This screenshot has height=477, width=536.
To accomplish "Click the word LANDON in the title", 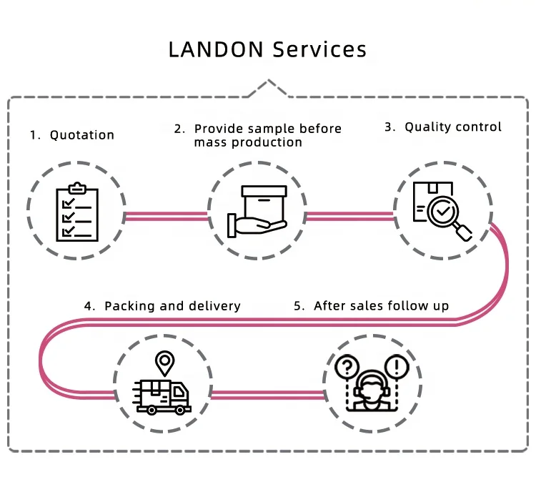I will click(x=217, y=49).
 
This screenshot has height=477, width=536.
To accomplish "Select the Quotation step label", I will click(x=81, y=135).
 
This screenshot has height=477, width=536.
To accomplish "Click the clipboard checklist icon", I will click(x=77, y=212).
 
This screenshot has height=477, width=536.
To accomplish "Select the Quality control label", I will click(x=453, y=127).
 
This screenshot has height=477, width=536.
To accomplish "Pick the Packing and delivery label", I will click(x=172, y=306).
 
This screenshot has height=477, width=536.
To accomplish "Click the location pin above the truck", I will click(x=166, y=363).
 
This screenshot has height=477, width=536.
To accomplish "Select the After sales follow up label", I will click(x=381, y=306).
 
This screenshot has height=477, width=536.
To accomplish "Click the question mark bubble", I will click(x=346, y=368).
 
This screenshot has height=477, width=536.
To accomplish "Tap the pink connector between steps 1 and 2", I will click(x=167, y=213).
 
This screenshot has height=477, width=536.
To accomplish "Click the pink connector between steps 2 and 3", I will click(x=350, y=213).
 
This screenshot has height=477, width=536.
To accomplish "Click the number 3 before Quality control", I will click(x=389, y=127).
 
